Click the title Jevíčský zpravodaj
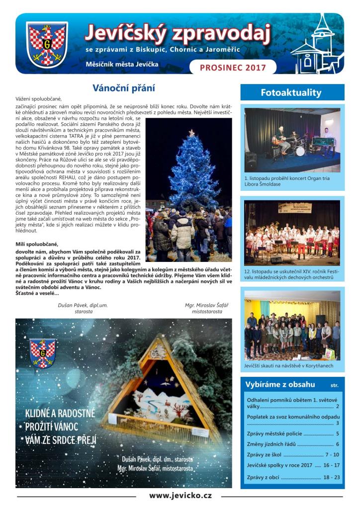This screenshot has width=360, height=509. click(x=178, y=33)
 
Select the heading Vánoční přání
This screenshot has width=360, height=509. click(x=124, y=89)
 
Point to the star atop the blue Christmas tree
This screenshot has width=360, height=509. click(x=191, y=133)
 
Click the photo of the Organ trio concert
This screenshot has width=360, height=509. click(x=292, y=140)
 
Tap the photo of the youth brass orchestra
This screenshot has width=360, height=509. click(x=292, y=232)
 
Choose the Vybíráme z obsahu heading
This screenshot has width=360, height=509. click(x=280, y=384)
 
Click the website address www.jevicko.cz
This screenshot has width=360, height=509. click(x=180, y=495)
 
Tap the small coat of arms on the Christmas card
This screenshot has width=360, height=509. click(x=42, y=353)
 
